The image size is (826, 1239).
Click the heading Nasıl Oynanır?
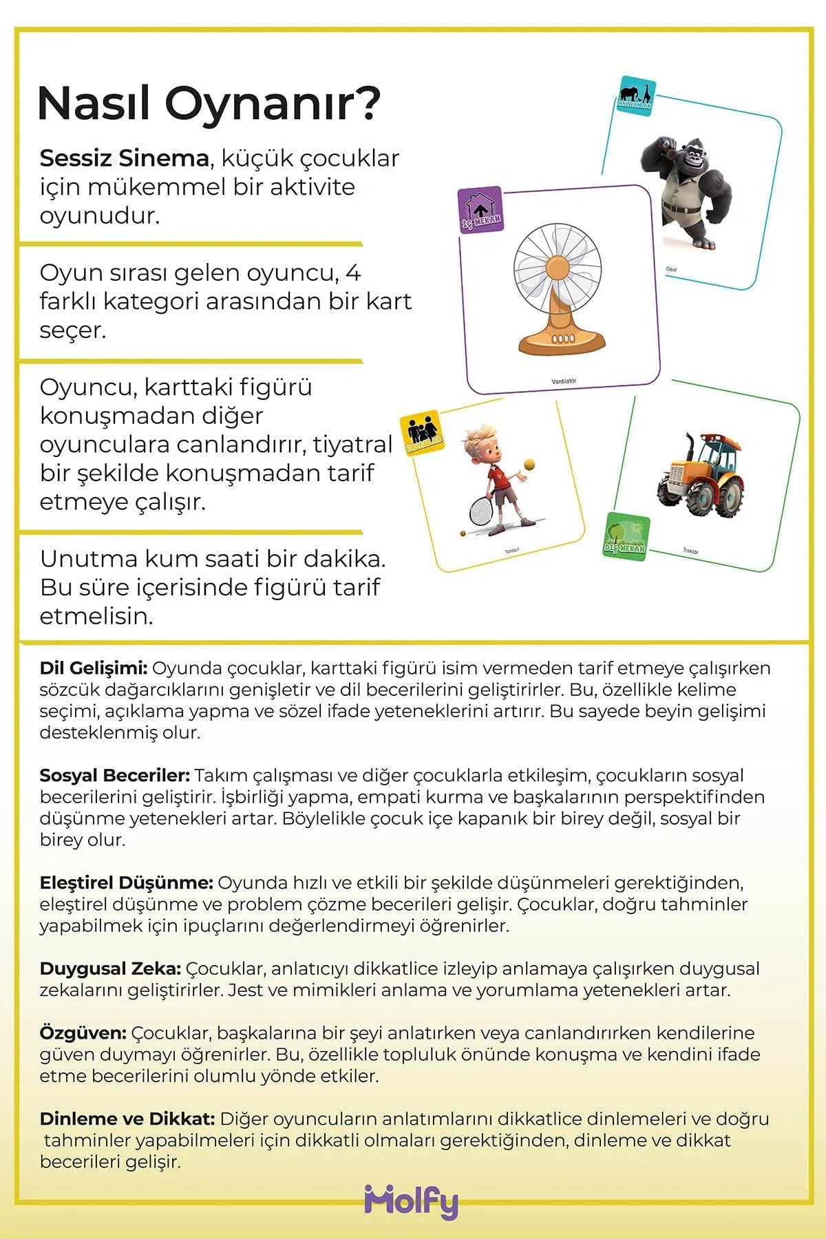point(209,103)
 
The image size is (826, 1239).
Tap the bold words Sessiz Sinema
point(124,158)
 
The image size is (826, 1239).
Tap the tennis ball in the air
point(529,465)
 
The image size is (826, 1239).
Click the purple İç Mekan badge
point(480,210)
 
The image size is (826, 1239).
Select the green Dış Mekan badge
point(626,536)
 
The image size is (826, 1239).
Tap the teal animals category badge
point(634,96)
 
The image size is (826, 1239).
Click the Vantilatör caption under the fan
point(564,381)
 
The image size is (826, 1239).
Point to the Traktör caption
point(690,551)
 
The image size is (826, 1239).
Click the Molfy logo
point(412,1202)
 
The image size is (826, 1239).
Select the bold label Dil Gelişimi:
point(94,668)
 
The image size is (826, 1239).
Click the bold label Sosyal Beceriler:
point(114,775)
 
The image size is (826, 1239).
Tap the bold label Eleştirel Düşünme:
point(126,882)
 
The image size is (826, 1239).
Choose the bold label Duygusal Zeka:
point(110,968)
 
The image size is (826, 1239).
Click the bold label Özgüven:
point(83,1032)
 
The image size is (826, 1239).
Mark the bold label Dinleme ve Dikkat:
point(127,1119)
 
